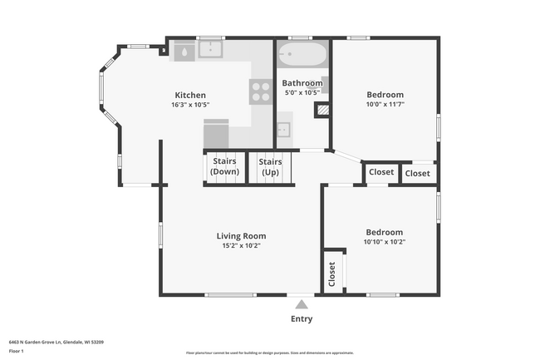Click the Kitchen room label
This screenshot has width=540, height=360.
[x=189, y=95]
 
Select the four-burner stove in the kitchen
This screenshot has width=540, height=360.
[x=261, y=91]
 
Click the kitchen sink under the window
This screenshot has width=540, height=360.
[x=211, y=51]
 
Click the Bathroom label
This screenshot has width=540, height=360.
[x=302, y=83]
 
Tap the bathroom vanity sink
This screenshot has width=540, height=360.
[x=283, y=130]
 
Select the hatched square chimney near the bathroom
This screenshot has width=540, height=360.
[x=324, y=109]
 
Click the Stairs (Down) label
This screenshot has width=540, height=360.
[x=224, y=166]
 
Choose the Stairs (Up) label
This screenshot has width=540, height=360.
[x=270, y=166]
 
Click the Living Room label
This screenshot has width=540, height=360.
[x=242, y=236]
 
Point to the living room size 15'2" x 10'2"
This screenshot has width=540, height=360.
[x=242, y=246]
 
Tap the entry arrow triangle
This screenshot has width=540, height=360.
[x=302, y=304]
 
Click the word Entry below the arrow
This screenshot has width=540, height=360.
[x=302, y=319]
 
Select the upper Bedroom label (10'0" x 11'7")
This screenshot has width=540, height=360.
[x=384, y=95]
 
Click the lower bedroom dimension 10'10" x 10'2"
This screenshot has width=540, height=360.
[x=384, y=242]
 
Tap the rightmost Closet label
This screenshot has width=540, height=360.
[x=418, y=173]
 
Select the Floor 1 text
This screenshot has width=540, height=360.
[x=17, y=350]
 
